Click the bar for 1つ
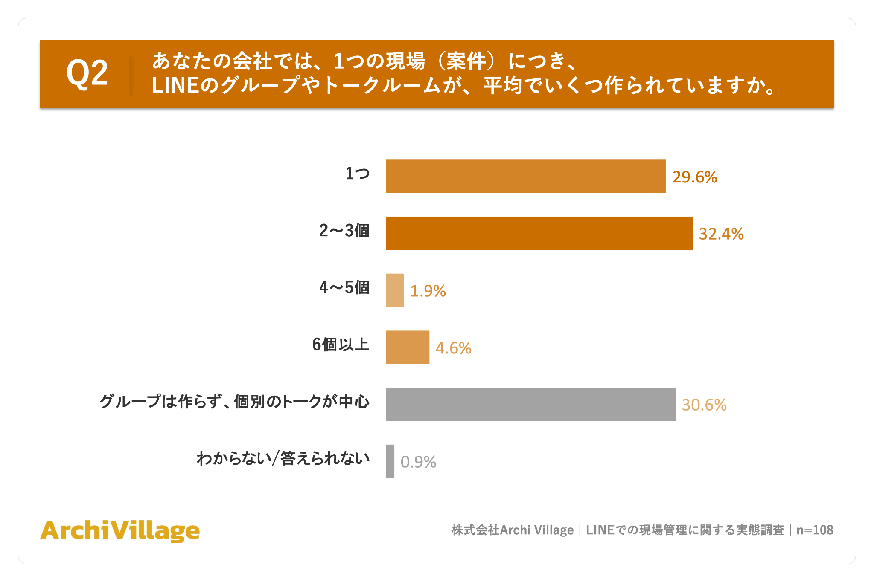coord(526,177)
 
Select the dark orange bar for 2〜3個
coord(539,233)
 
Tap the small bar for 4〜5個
coord(395,290)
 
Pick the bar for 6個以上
coord(408,347)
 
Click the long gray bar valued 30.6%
coord(531,404)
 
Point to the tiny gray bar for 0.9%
coord(390,461)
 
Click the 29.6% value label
coord(695,177)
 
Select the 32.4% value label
coord(721,234)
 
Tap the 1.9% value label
coord(428,291)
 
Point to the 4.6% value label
coord(454,348)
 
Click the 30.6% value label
coord(704,405)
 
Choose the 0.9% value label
coord(418,462)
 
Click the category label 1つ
coord(358,174)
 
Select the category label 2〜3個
coord(344,231)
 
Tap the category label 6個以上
coord(341,345)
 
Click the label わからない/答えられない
coord(283,458)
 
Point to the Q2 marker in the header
coord(87,73)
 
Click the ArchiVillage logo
coord(120,531)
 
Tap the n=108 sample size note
coord(815,530)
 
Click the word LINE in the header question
coord(175,86)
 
